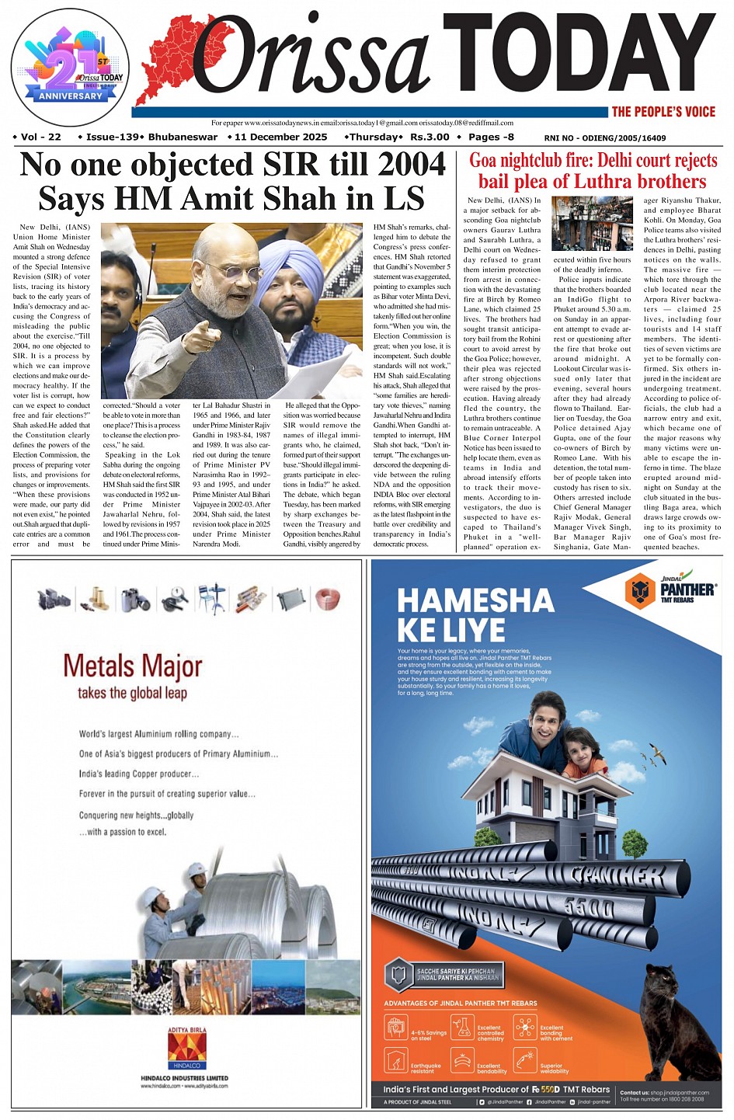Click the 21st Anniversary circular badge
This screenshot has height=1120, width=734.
[x=70, y=66]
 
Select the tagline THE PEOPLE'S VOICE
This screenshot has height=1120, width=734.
[x=663, y=112]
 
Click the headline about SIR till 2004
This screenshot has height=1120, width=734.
[x=231, y=181]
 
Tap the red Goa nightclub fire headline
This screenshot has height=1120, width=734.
[x=593, y=171]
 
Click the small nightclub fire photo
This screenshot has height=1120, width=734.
[x=592, y=224]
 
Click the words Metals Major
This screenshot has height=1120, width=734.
[x=132, y=666]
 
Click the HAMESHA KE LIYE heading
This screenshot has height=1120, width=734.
[x=475, y=614]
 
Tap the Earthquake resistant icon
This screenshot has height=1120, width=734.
[x=396, y=1059]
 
